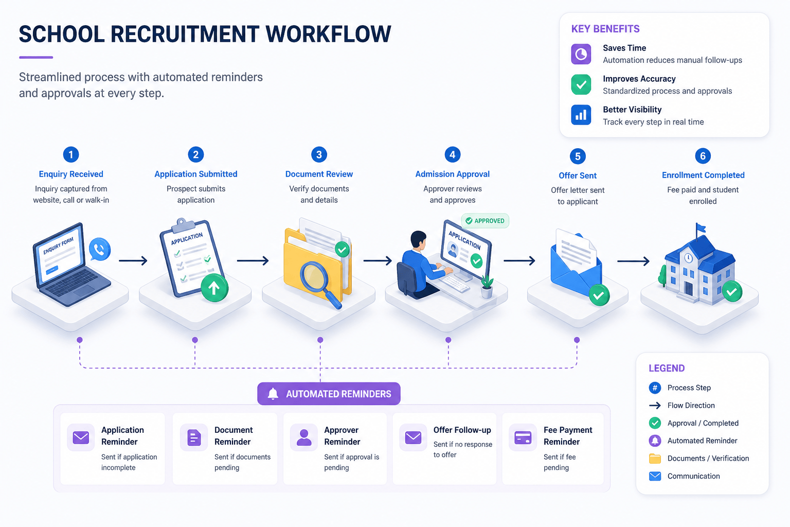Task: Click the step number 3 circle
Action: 319,154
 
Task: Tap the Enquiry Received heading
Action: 71,174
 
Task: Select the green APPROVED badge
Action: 485,221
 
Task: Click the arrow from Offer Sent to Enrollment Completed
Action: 633,261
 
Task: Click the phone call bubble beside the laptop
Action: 100,250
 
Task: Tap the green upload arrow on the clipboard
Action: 214,288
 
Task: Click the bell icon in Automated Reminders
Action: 273,394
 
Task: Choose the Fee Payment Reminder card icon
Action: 523,437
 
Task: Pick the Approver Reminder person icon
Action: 303,437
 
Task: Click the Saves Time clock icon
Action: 581,54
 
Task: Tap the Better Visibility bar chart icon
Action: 581,115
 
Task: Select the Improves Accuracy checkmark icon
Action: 581,84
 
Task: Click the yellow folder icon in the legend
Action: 655,459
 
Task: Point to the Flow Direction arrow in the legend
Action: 655,406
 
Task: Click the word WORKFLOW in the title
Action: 328,34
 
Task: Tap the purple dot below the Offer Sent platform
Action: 577,340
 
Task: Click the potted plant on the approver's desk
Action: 487,287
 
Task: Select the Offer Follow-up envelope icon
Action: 413,437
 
